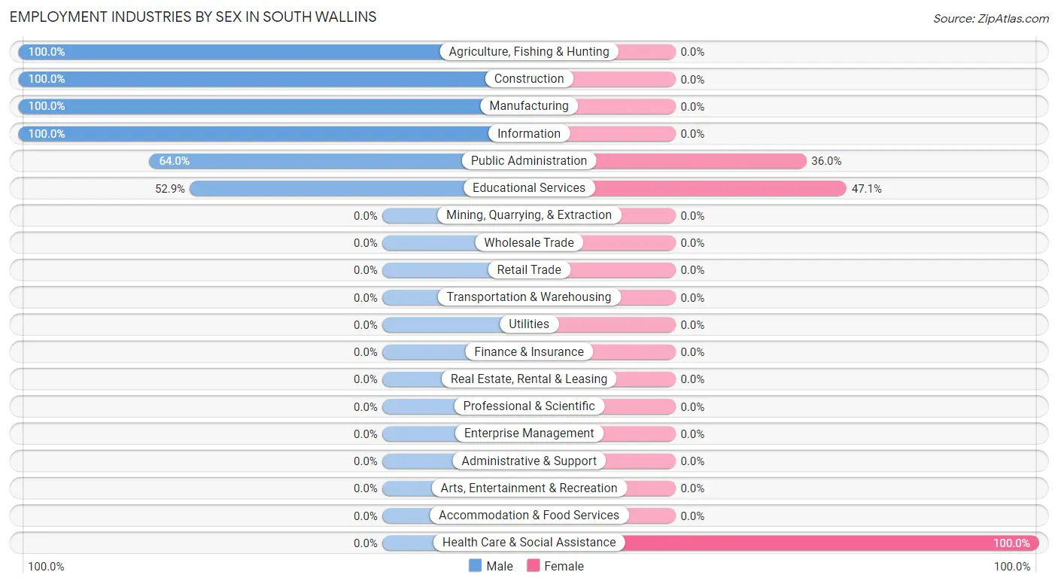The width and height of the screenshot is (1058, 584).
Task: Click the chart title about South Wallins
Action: point(193,17)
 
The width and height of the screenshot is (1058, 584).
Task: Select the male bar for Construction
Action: point(252,79)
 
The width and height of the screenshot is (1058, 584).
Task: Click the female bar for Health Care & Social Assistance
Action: point(828,543)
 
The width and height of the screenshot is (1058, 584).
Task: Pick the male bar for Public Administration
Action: point(309,161)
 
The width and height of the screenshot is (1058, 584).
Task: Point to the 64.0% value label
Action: point(174,161)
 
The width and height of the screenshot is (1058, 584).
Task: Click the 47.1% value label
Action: point(866,189)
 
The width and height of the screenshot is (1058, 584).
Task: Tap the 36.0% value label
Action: point(825,161)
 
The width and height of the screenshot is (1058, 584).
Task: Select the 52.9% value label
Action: point(170,189)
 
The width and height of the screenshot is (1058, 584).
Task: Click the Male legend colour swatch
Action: point(475,566)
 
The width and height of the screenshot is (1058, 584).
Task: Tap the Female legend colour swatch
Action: point(534,566)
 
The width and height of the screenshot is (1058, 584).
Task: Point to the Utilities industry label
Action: point(529,324)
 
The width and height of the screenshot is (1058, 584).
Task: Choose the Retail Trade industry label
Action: point(529,269)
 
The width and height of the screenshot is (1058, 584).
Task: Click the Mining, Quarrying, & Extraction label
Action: point(529,215)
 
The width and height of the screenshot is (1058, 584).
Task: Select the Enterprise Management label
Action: point(529,433)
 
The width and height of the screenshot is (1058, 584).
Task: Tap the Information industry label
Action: point(529,134)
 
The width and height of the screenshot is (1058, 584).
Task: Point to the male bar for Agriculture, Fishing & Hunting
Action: point(230,52)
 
